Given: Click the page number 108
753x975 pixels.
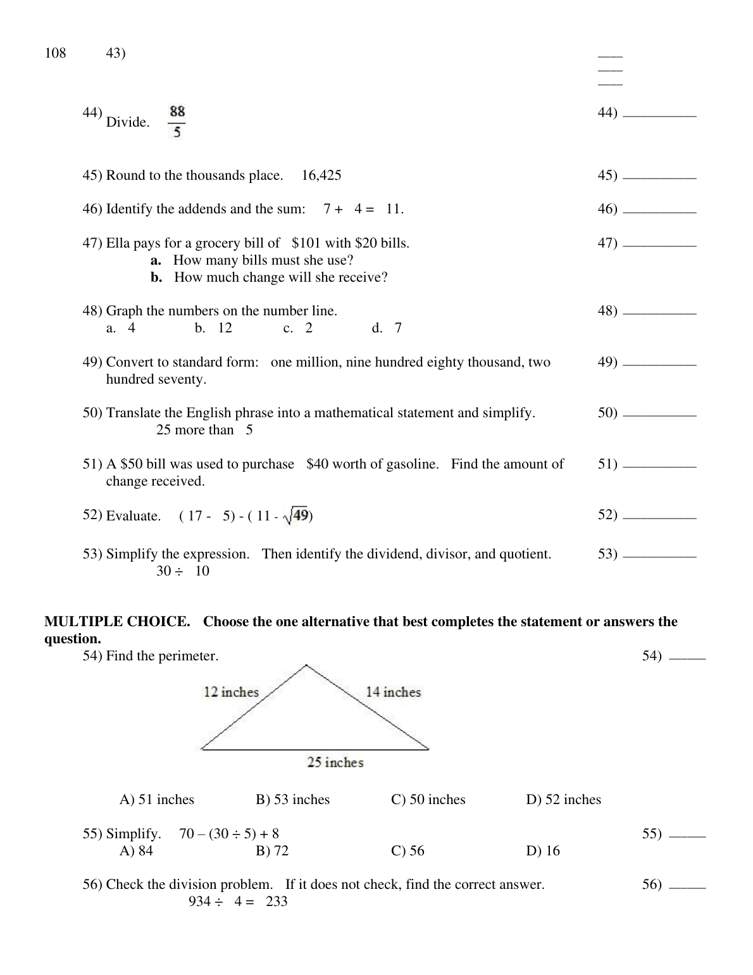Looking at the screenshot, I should [x=55, y=53].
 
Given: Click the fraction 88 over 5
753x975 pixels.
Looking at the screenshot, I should [x=177, y=122].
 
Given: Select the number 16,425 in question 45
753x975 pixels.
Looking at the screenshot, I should [x=321, y=175].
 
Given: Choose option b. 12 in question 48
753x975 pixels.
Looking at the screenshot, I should [x=214, y=328].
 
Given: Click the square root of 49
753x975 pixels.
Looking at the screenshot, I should [x=296, y=516].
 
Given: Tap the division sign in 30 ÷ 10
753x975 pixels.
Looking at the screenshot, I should [x=179, y=571].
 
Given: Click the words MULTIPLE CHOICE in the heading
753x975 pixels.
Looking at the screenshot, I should [x=117, y=622].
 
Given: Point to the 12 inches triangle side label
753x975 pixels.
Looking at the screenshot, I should [x=231, y=692].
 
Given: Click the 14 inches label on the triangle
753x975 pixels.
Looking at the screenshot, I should [x=393, y=692].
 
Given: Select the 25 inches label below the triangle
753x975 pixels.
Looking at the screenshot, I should [x=335, y=762].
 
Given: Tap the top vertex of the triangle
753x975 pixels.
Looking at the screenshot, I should [x=306, y=665].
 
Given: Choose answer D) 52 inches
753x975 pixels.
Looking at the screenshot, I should [x=563, y=800].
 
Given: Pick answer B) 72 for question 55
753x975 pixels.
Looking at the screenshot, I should [x=272, y=851].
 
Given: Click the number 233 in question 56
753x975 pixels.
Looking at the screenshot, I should [x=277, y=902].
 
